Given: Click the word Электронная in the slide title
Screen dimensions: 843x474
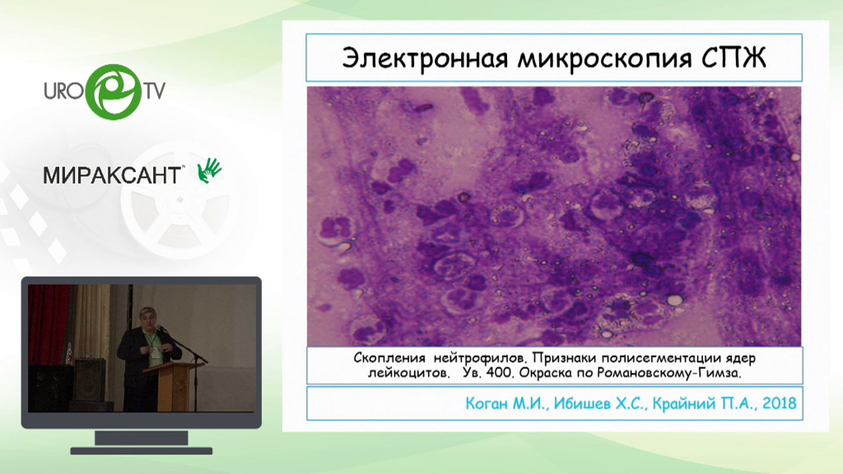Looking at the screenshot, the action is [425, 58].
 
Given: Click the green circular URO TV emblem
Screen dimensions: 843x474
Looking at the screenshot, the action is [114, 92].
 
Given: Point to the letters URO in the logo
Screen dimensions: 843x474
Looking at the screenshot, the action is [63, 91].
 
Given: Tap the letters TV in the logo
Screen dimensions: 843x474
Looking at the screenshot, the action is [154, 91].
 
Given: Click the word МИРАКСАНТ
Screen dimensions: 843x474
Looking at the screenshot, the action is [113, 175].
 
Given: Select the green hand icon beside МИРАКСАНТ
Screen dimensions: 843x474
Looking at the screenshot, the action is [209, 170].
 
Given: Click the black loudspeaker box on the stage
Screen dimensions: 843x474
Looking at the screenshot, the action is [90, 379].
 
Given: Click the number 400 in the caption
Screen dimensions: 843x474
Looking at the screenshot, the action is [500, 373].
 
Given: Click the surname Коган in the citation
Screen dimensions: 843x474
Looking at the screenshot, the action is [487, 403].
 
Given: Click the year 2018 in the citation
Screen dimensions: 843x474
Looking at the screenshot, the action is [779, 403].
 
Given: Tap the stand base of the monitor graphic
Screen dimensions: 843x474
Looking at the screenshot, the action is [142, 451].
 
